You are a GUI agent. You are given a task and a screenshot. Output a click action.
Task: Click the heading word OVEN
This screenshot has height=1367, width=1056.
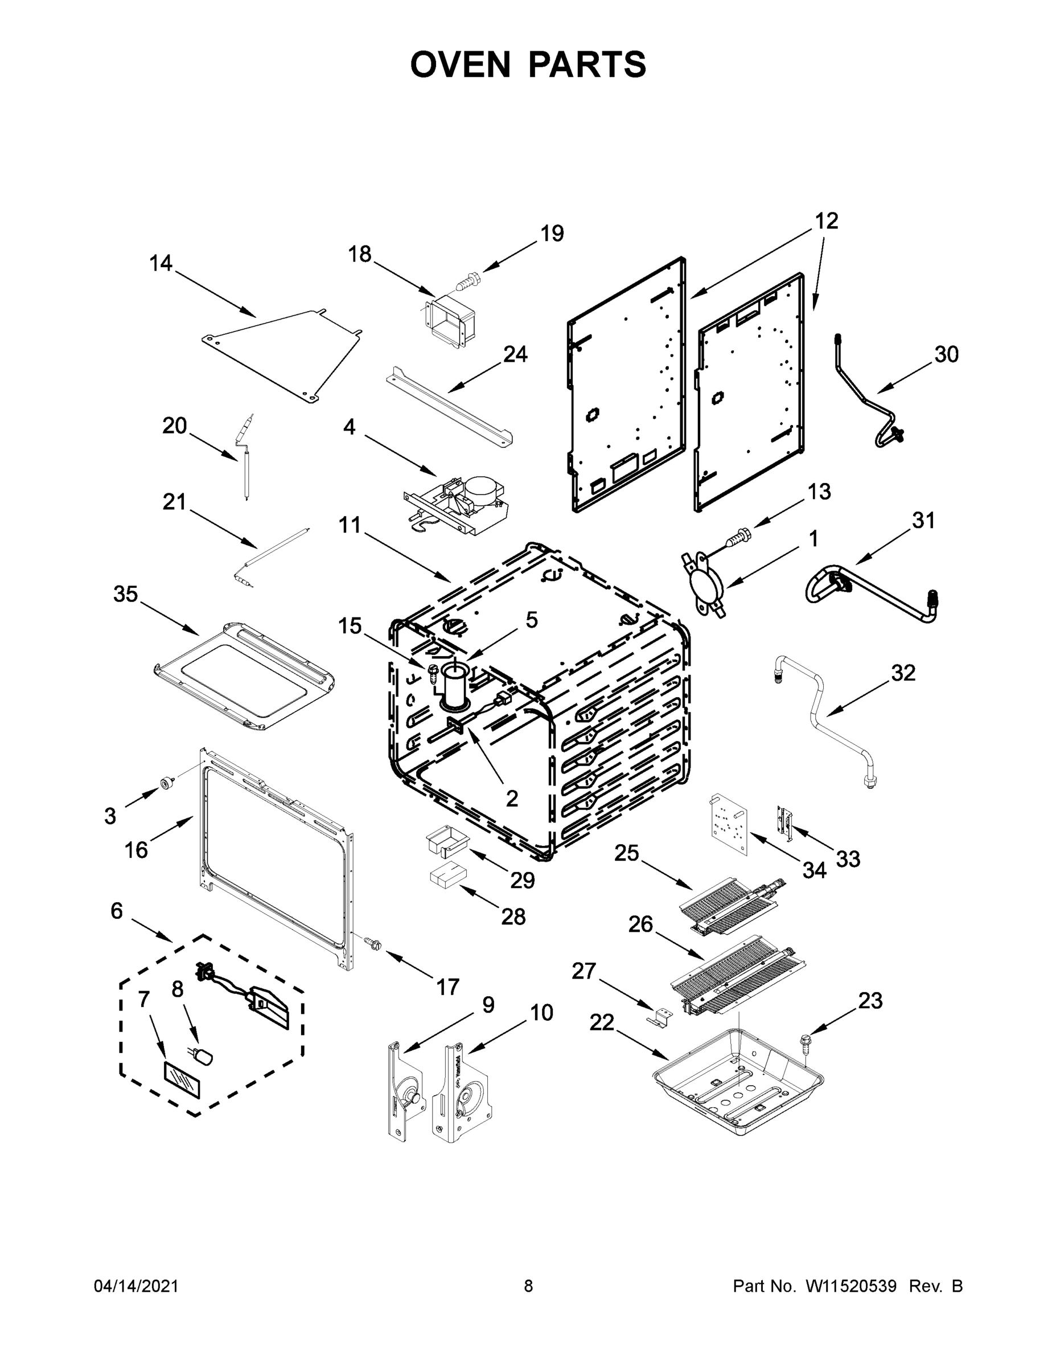461,64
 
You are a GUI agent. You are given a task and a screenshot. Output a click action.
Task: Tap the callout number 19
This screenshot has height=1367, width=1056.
552,234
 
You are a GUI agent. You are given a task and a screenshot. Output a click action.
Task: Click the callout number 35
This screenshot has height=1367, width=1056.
125,594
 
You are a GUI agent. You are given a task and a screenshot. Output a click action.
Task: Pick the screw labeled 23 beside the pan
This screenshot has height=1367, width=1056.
804,1042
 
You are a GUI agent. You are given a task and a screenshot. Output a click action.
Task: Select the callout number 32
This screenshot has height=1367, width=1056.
903,673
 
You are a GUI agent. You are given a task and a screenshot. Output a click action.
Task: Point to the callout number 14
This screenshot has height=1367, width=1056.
161,263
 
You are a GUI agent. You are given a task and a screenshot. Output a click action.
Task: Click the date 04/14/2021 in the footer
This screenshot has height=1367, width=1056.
135,1286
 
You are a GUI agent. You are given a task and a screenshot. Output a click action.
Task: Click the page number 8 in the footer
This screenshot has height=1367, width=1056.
528,1286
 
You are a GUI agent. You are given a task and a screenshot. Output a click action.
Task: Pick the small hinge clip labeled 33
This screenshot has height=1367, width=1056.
784,821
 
